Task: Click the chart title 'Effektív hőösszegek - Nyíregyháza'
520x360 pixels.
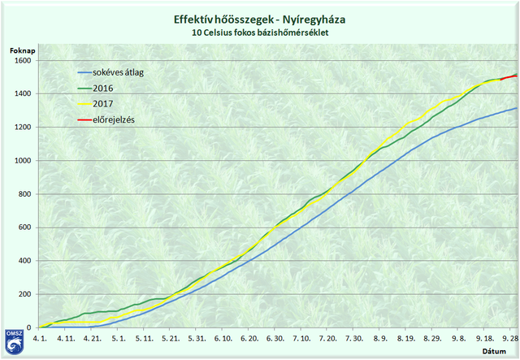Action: pyautogui.click(x=259, y=19)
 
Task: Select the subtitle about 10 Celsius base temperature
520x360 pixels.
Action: pyautogui.click(x=259, y=33)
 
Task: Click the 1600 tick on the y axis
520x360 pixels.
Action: pyautogui.click(x=22, y=61)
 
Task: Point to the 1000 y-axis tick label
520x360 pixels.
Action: pyautogui.click(x=22, y=161)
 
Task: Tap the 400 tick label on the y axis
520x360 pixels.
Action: pyautogui.click(x=24, y=261)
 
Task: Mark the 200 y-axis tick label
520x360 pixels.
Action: pyautogui.click(x=24, y=294)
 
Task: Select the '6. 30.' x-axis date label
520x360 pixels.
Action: pyautogui.click(x=275, y=337)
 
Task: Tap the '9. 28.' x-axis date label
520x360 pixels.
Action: pyautogui.click(x=509, y=337)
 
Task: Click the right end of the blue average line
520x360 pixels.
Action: pyautogui.click(x=516, y=108)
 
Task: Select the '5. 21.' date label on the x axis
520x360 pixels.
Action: pyautogui.click(x=171, y=337)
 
